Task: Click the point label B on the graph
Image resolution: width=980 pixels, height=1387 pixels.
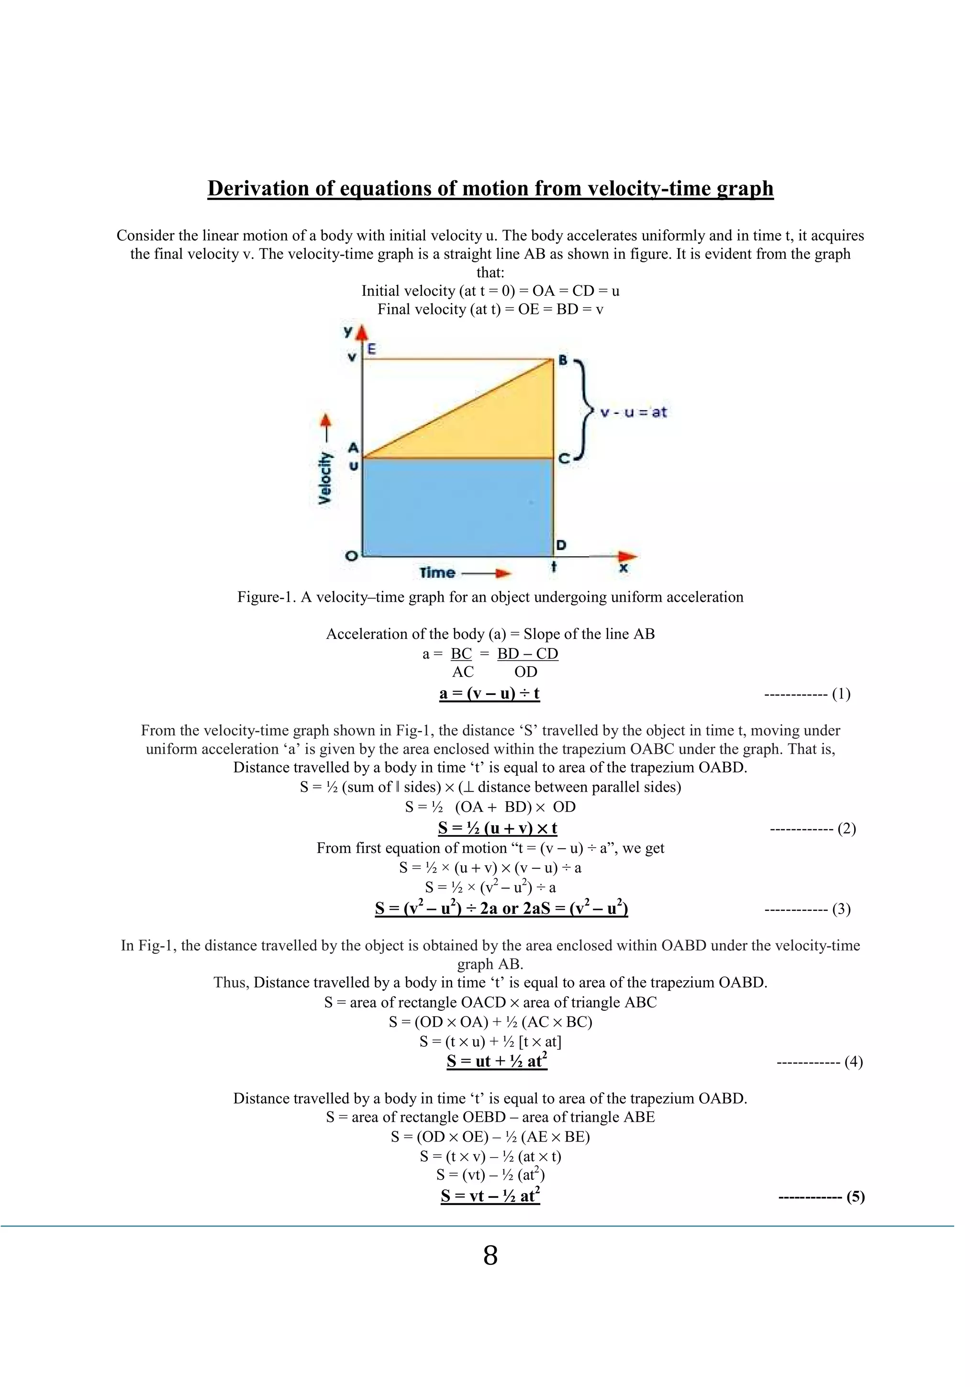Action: (x=563, y=360)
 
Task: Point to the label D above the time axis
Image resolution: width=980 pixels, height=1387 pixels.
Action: (x=561, y=545)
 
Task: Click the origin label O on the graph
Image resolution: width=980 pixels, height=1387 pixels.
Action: (x=350, y=556)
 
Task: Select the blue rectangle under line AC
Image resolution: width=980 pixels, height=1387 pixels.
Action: (x=457, y=507)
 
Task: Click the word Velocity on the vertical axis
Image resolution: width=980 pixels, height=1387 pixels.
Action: (x=325, y=477)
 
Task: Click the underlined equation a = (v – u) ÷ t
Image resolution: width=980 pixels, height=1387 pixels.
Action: (x=489, y=693)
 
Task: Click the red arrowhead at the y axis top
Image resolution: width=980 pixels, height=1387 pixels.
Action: (x=362, y=332)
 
